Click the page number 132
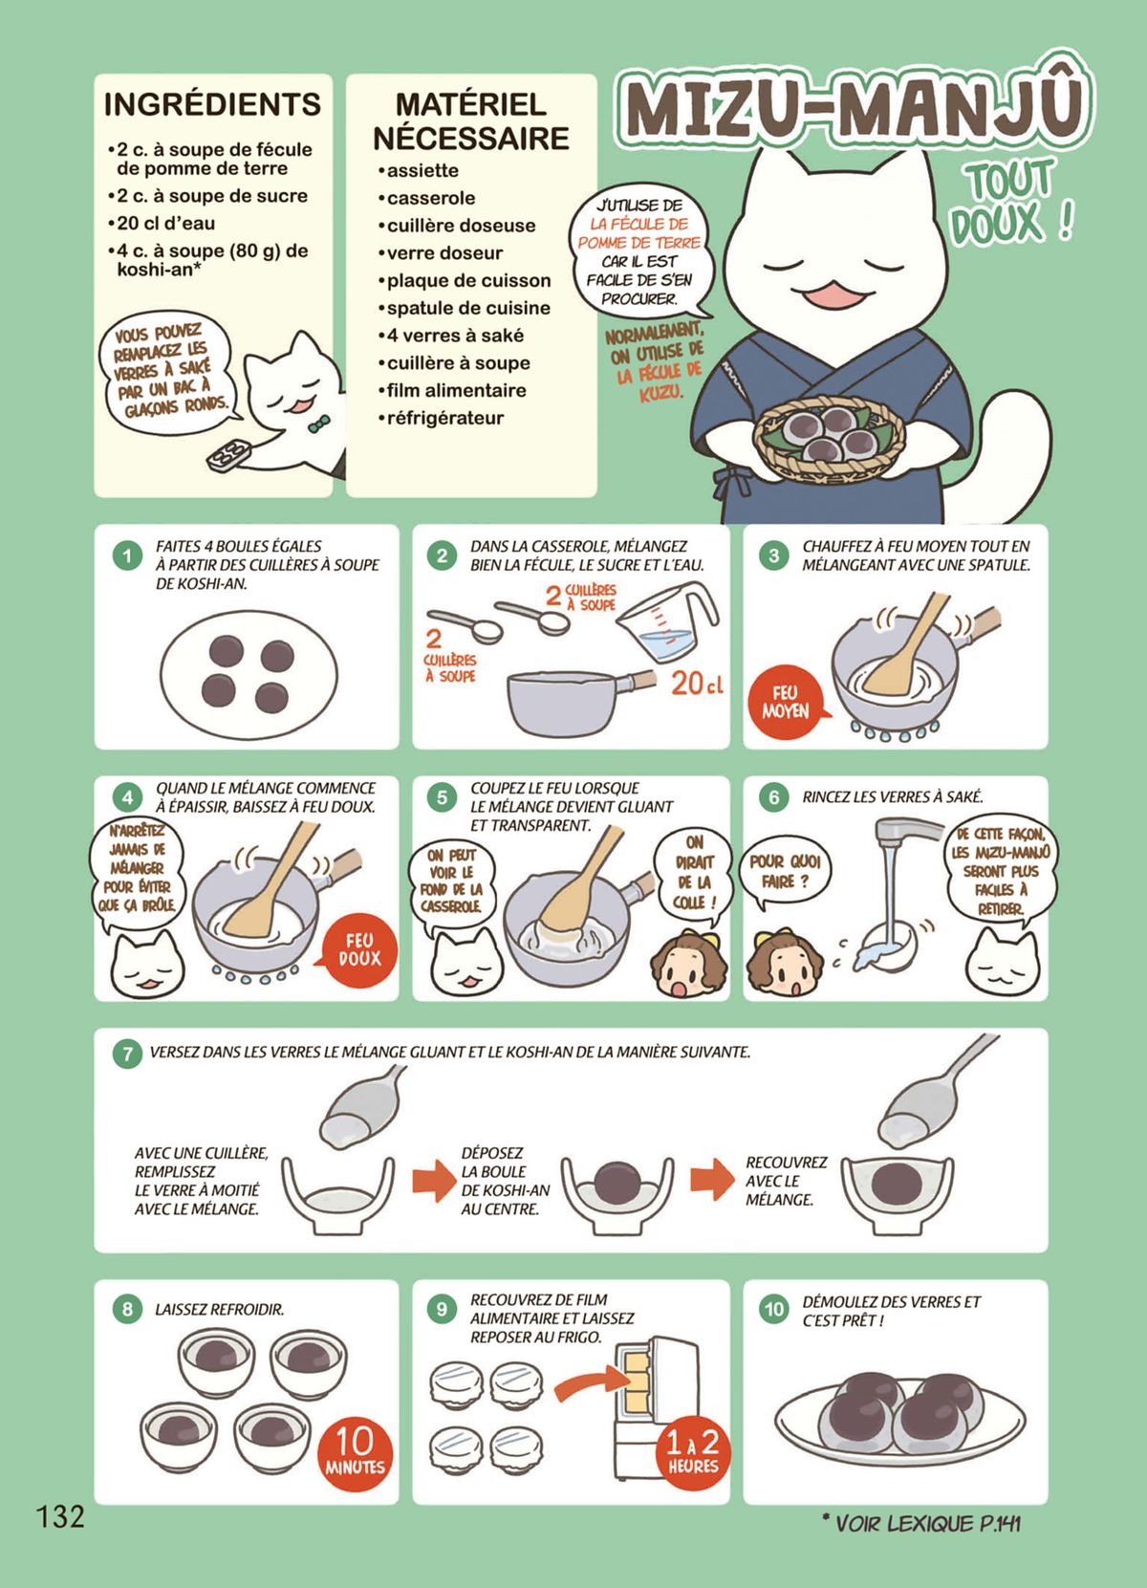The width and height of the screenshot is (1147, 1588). pos(60,1516)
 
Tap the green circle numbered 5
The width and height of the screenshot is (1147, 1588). pos(442,798)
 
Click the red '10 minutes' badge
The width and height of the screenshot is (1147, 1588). pos(355,1450)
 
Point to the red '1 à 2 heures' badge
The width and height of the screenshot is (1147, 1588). pos(693,1450)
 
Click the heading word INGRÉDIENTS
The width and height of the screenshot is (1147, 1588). pos(212,105)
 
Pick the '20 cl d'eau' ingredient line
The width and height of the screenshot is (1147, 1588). pos(161,224)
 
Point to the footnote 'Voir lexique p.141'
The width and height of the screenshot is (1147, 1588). pos(921,1523)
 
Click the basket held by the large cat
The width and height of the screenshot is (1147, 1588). pos(829,440)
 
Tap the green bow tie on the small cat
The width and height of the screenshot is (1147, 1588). pos(319,424)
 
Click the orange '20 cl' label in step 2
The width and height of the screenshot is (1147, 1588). pos(697,684)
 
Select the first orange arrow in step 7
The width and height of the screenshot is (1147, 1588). pos(434,1181)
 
